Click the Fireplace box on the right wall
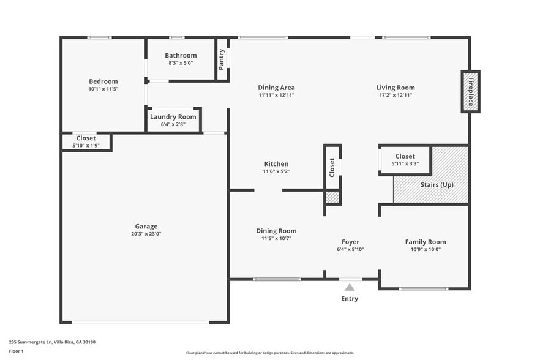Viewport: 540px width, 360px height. (x=470, y=91)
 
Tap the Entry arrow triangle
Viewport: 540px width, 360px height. (x=349, y=287)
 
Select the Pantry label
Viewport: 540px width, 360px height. (x=222, y=59)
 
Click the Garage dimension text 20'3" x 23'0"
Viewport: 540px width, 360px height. (x=146, y=233)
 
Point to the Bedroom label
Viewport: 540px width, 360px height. (x=103, y=81)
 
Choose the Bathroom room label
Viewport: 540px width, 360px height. (x=181, y=56)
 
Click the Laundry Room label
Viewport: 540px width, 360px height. (x=173, y=116)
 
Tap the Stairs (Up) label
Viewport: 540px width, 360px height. (x=437, y=184)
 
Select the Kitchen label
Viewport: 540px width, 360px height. (x=276, y=163)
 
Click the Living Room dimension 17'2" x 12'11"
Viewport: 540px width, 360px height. (x=396, y=95)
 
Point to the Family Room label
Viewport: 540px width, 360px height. (x=426, y=242)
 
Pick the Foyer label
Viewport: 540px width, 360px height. (x=350, y=242)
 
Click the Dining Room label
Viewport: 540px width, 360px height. (x=276, y=231)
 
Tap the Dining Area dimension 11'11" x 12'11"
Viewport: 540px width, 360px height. (x=276, y=95)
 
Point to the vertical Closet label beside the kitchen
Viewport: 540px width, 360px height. (x=332, y=167)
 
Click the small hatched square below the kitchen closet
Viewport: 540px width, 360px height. (x=332, y=197)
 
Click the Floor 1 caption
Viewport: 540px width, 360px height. (x=17, y=351)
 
